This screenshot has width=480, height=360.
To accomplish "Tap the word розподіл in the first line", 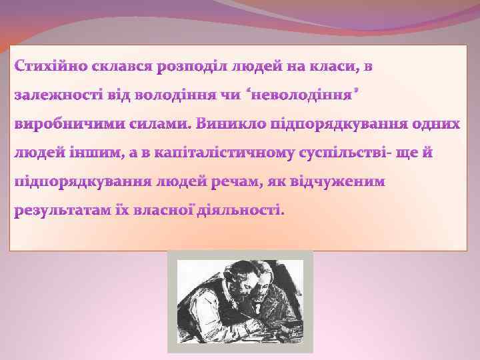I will (189, 67).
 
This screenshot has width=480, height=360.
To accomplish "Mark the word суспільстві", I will (343, 153).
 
